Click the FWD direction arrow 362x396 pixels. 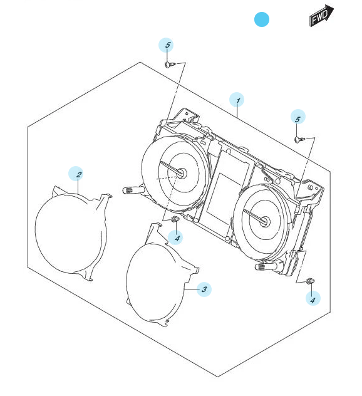click(x=321, y=16)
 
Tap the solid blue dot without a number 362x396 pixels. click(x=262, y=19)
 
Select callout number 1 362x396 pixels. click(x=237, y=100)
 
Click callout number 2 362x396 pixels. click(x=76, y=174)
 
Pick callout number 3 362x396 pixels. click(x=204, y=289)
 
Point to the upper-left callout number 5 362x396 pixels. click(x=166, y=45)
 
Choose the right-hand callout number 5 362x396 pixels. click(x=298, y=117)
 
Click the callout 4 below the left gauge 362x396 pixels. click(x=175, y=237)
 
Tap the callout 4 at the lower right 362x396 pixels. click(x=313, y=298)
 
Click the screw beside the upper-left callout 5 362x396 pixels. click(x=170, y=65)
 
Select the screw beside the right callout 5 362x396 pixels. click(x=299, y=139)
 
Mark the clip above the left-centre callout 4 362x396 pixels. click(x=175, y=219)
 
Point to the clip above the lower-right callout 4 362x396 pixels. click(x=310, y=281)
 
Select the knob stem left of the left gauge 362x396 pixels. click(x=133, y=190)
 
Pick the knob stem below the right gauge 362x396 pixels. click(x=266, y=266)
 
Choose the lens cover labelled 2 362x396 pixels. click(x=73, y=233)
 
